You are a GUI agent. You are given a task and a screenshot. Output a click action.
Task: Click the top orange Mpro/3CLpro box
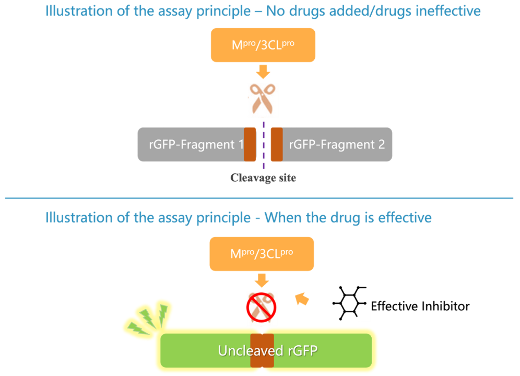(263, 45)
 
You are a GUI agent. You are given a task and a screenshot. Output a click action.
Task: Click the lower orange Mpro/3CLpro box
(262, 254)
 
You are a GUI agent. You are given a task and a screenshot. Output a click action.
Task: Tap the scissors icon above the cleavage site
(262, 99)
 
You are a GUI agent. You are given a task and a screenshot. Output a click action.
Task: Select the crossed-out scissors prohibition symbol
(262, 306)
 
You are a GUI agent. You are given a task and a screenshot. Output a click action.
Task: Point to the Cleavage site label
(263, 178)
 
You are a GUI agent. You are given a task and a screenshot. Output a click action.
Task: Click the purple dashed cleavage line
(264, 157)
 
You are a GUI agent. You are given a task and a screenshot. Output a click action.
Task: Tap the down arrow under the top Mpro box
(263, 72)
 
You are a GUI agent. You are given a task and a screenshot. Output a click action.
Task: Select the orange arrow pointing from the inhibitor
(302, 299)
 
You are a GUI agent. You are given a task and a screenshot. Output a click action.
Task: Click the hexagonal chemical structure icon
(349, 303)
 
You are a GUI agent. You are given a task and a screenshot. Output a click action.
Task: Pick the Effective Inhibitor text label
(420, 305)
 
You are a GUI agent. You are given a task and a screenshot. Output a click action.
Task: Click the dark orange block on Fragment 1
(250, 144)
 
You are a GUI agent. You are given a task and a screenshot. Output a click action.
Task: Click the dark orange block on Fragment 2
(277, 144)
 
